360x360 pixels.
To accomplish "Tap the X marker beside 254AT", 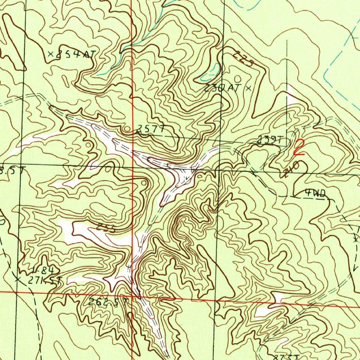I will tap(51, 54).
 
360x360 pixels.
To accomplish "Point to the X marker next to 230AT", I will tap(248, 88).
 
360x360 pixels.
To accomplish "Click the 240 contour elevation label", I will tap(292, 170).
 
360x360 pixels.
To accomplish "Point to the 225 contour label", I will tap(244, 59).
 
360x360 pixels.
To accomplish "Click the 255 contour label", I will tap(106, 228).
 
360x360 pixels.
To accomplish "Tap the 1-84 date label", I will tap(42, 271).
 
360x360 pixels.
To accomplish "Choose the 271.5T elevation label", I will tap(45, 281).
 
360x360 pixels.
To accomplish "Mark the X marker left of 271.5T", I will tap(18, 279).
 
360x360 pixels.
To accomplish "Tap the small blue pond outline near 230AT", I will tap(213, 70).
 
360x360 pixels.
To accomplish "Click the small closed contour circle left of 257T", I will tap(127, 130).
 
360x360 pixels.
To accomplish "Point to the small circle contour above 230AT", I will tap(238, 78).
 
